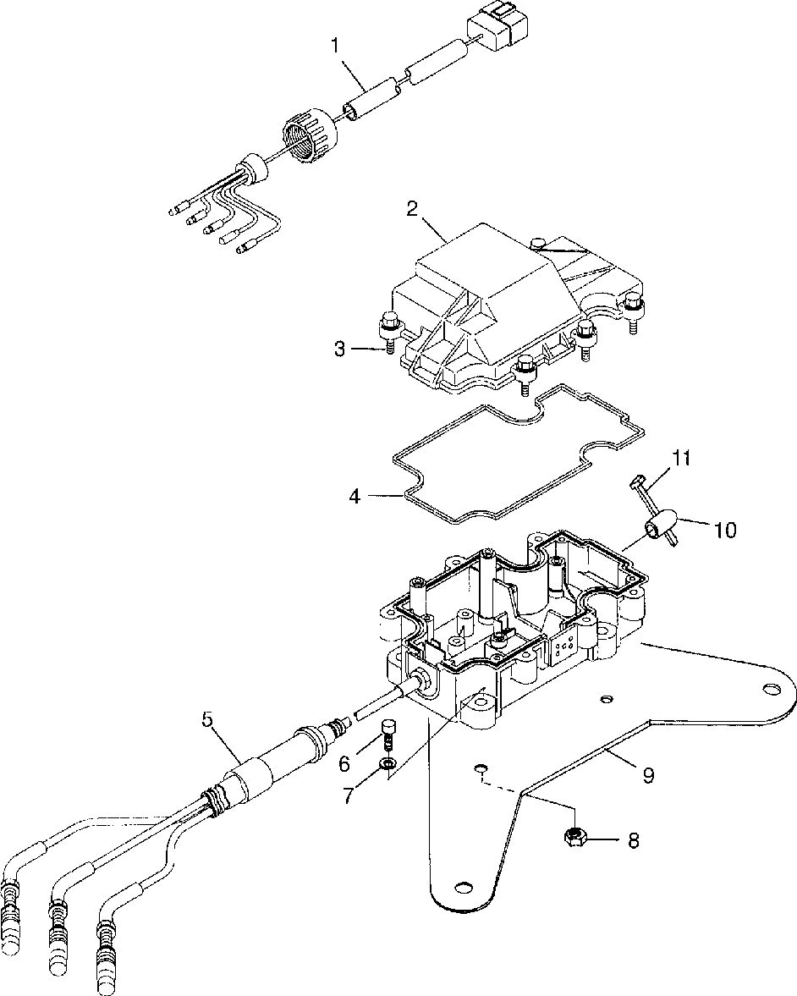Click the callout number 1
335,47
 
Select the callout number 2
413,209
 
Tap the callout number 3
341,349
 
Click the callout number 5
207,719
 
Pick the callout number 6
344,764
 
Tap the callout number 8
633,840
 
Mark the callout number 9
648,775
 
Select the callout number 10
724,529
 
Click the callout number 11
683,459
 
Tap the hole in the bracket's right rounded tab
770,688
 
